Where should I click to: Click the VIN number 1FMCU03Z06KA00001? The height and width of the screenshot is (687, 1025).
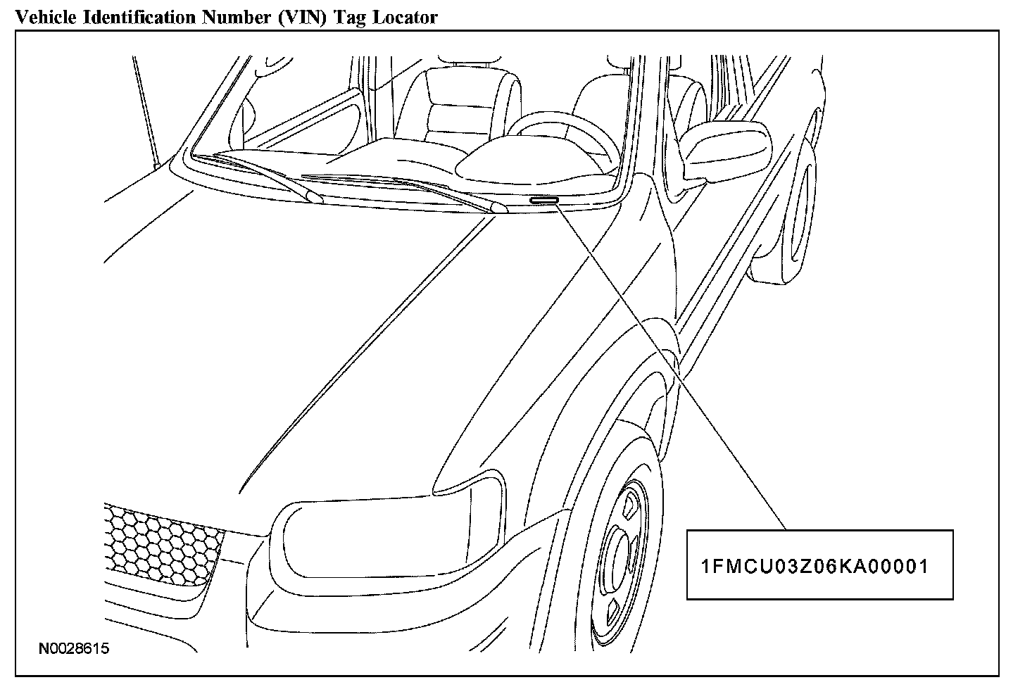tap(815, 566)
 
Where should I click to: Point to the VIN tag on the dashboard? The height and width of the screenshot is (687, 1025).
tap(544, 201)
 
